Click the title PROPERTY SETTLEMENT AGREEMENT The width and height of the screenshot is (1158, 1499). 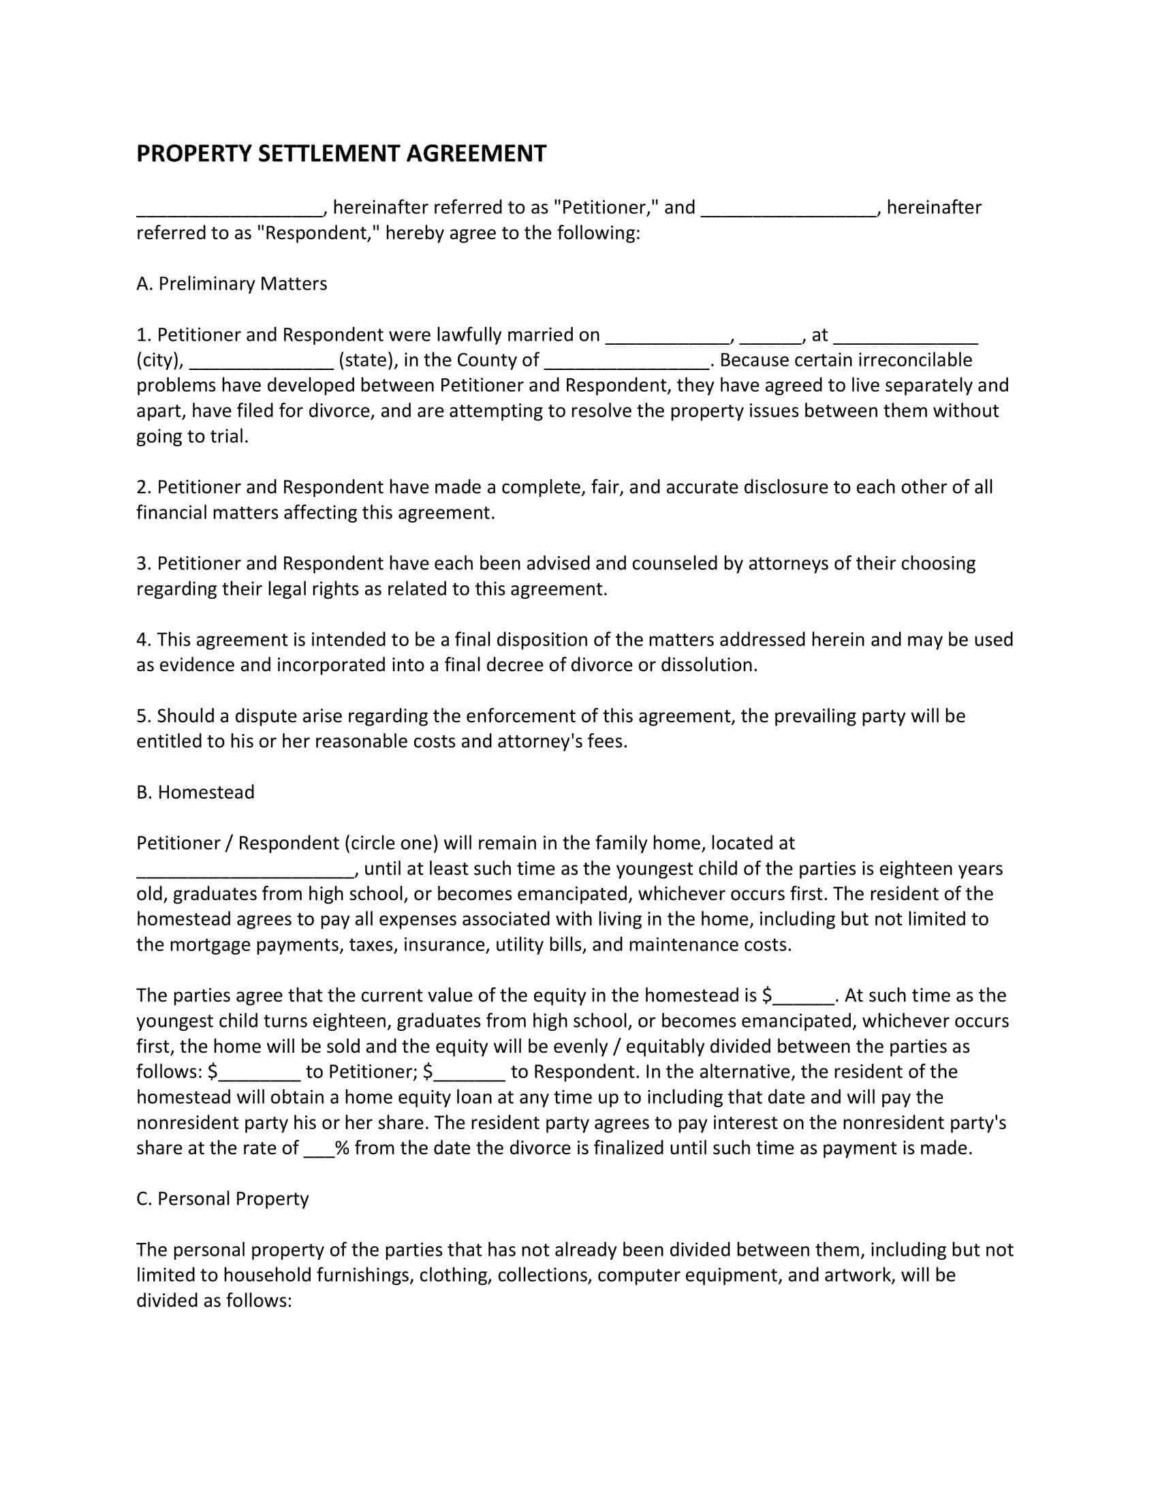pos(341,153)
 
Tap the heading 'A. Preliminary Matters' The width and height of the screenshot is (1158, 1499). pos(231,283)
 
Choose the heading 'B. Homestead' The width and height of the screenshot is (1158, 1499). pos(195,792)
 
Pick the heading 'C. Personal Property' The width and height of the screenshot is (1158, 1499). pos(222,1199)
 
